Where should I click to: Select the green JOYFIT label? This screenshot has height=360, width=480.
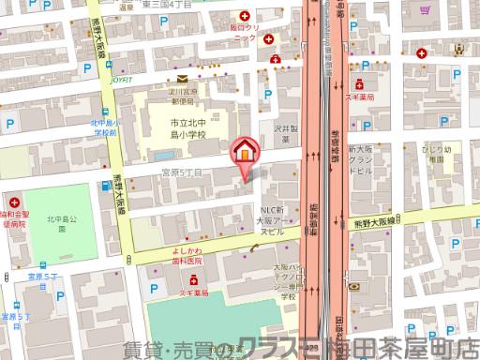(120, 81)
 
